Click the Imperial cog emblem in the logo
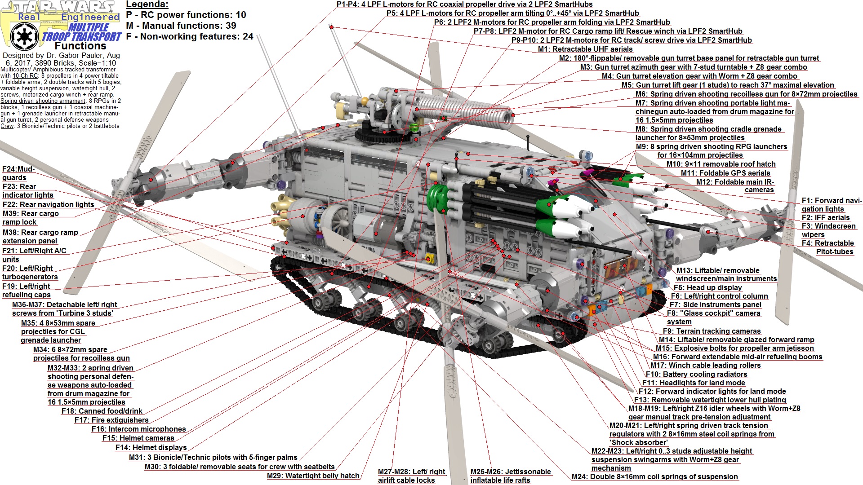[x=23, y=35]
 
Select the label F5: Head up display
[x=707, y=287]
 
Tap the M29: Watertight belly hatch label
[x=313, y=476]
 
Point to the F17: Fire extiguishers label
[x=111, y=420]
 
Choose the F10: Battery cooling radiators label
[x=696, y=374]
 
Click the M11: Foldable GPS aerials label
[x=725, y=173]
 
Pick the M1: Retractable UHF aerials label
[x=585, y=49]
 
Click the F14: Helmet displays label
[x=151, y=447]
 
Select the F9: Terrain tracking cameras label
[x=712, y=331]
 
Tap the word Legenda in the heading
[x=147, y=4]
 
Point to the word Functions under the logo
[x=80, y=46]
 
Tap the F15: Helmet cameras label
[x=138, y=438]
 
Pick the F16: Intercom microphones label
[x=138, y=429]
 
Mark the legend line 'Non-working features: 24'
[x=190, y=36]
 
